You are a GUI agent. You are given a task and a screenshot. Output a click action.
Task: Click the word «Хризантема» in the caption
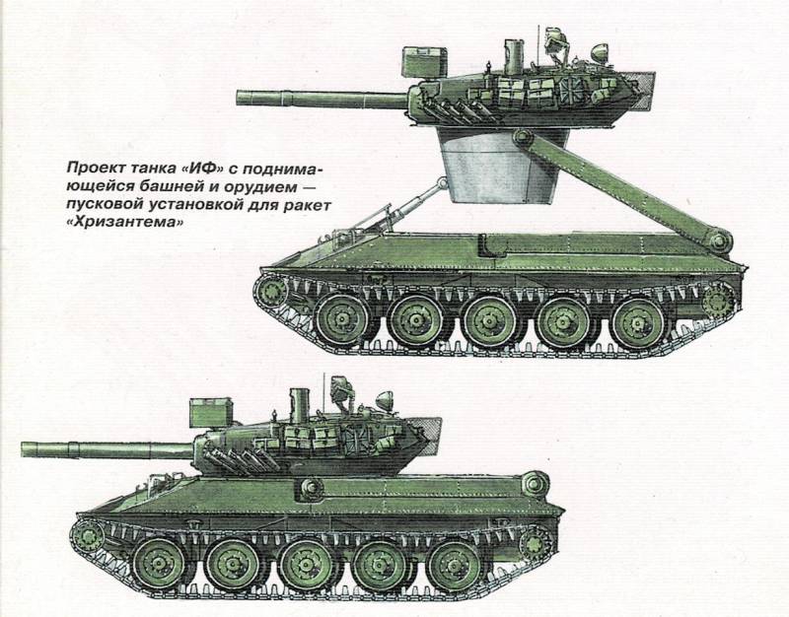[124, 223]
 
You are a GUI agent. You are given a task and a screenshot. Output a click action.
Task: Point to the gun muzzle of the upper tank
[240, 98]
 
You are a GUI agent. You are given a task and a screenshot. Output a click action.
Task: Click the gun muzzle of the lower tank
[25, 449]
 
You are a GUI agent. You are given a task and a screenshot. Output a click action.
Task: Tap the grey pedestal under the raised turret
[501, 166]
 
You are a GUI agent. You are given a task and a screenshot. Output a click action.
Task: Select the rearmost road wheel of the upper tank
[638, 323]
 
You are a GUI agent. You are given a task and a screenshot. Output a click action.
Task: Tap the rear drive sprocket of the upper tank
[718, 302]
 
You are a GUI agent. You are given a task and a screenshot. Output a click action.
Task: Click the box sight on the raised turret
[424, 62]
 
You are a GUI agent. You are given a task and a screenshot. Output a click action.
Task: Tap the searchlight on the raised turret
[600, 53]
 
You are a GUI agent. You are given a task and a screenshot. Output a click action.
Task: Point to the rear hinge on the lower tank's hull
[535, 484]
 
